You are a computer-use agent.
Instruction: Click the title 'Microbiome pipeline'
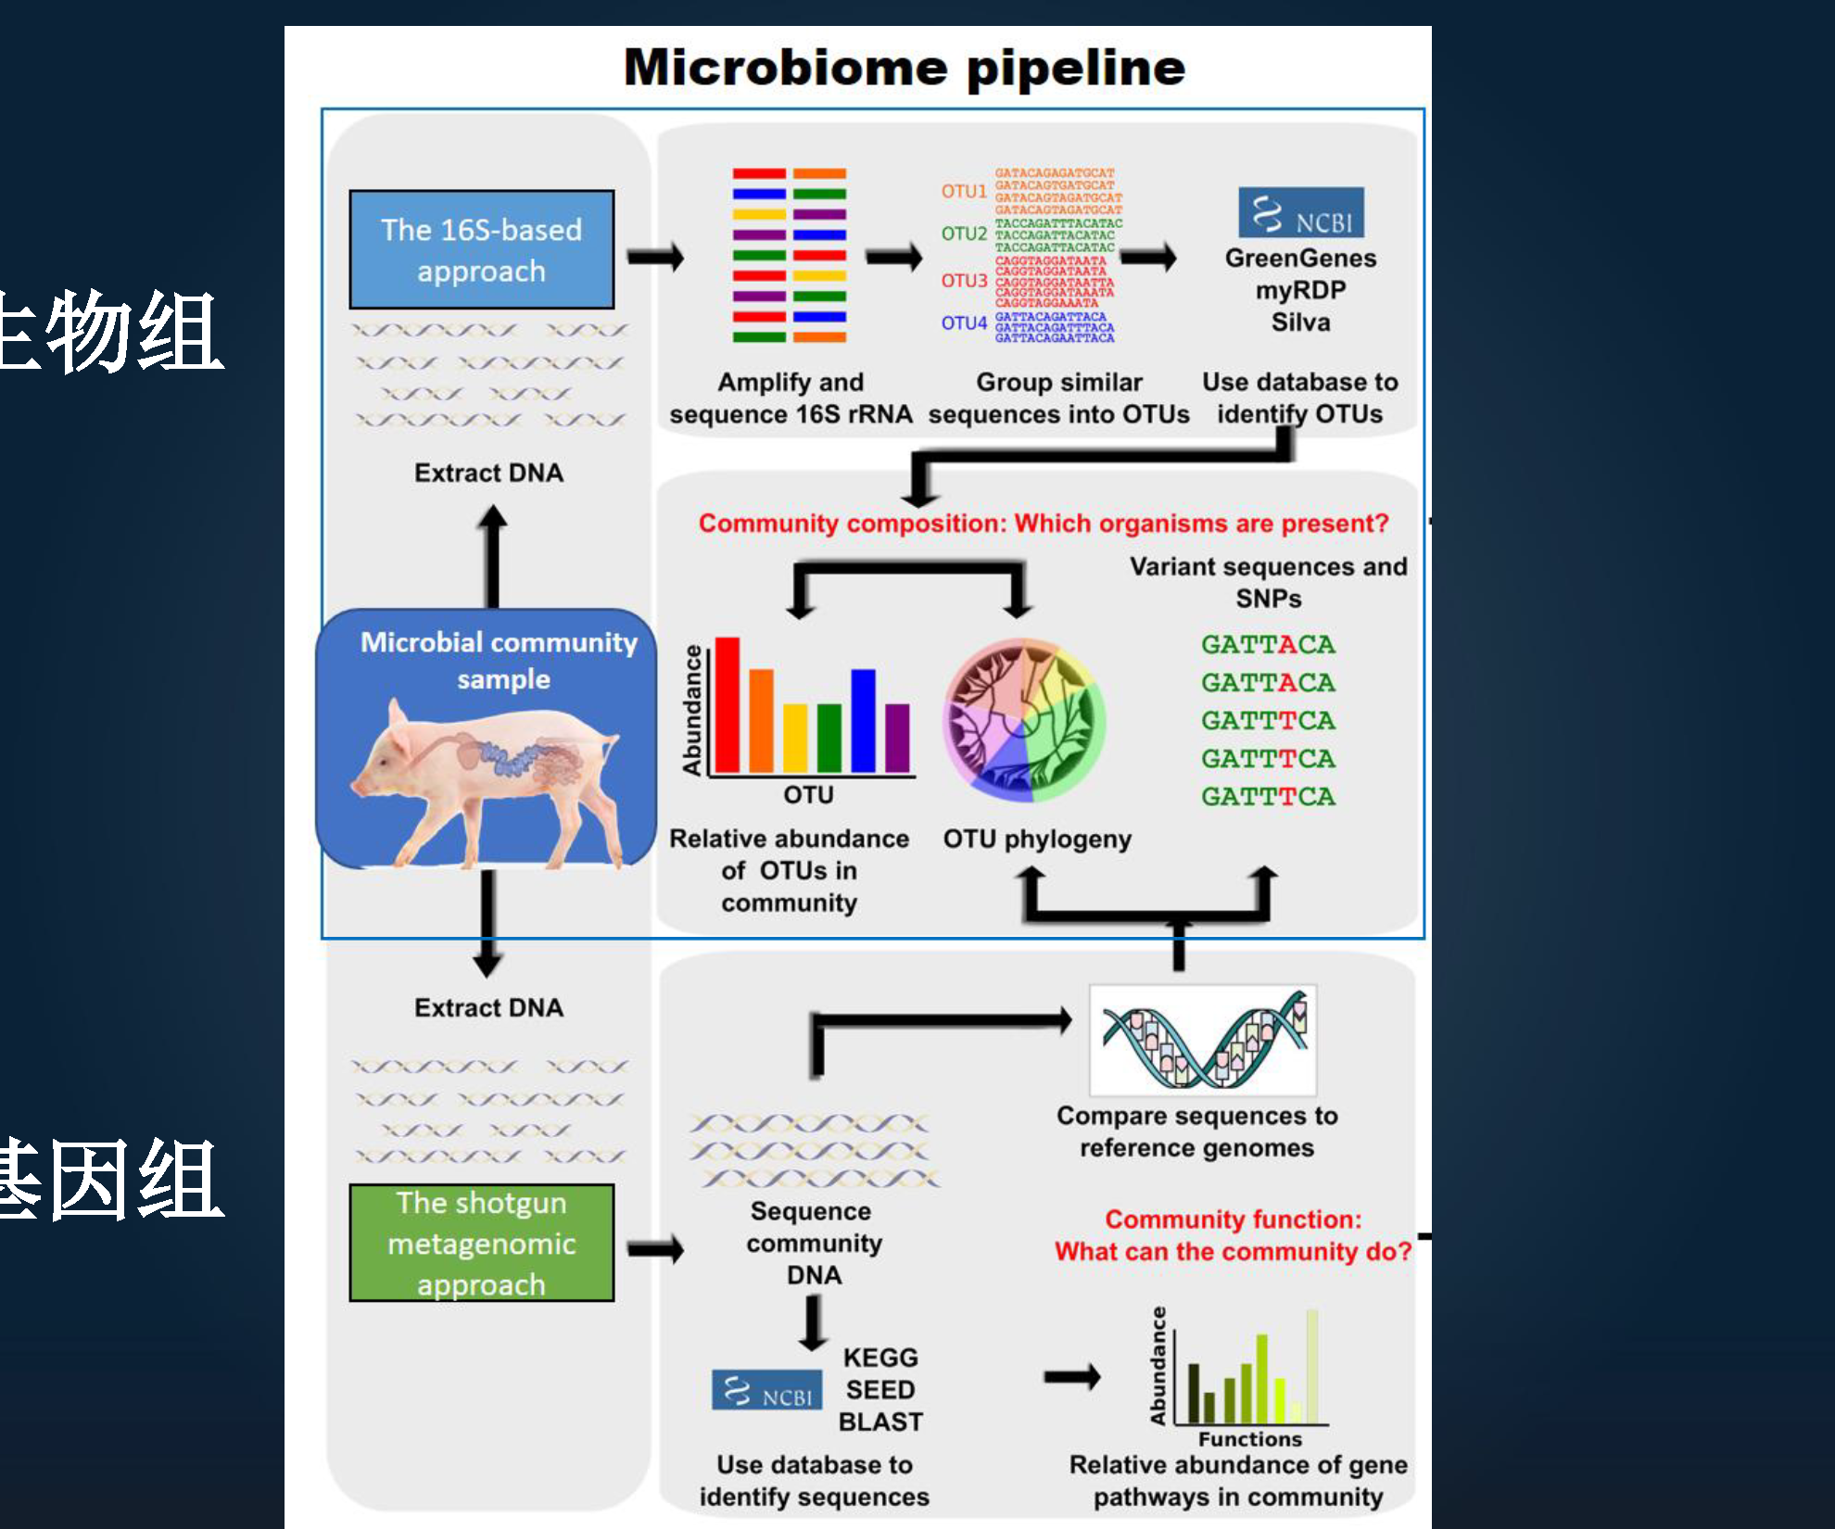coord(904,68)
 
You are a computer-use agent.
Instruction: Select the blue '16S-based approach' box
coord(481,249)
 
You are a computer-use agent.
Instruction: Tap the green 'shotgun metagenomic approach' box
coord(481,1243)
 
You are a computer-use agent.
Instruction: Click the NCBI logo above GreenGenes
coord(1300,213)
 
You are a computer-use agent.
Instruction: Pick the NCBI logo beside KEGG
coord(766,1390)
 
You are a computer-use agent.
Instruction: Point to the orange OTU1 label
coord(963,191)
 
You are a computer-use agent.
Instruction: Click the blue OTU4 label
coord(963,323)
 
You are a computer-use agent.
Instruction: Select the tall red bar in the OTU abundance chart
coord(727,704)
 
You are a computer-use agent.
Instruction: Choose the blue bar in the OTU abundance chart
coord(863,720)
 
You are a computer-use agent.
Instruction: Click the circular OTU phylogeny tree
coord(1024,720)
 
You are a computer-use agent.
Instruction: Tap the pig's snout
coord(358,784)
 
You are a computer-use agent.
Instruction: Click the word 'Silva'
coord(1300,322)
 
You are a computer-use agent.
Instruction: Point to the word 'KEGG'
coord(880,1358)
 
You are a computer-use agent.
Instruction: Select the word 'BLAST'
coord(880,1422)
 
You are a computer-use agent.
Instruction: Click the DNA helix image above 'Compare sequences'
coord(1203,1040)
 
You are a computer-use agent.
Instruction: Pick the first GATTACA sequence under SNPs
coord(1268,644)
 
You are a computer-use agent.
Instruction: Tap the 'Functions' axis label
coord(1249,1439)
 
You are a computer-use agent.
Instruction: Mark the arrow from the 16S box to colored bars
coord(655,257)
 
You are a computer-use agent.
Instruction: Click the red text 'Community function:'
coord(1233,1219)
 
